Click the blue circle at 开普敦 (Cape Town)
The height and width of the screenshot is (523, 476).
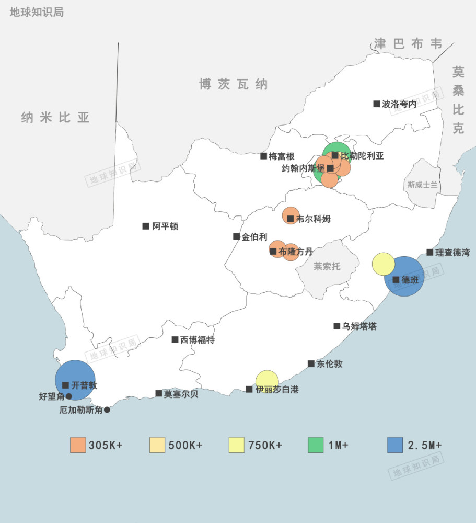point(75,380)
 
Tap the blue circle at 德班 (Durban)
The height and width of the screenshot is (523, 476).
point(404,277)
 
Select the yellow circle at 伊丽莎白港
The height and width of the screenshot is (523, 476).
point(267,381)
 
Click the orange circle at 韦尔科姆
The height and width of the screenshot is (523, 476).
point(291,215)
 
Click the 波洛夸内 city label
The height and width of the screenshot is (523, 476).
point(399,104)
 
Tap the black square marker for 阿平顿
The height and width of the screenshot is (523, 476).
point(146,226)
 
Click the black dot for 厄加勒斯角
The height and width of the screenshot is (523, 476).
point(107,410)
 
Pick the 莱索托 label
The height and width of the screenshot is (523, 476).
point(327,266)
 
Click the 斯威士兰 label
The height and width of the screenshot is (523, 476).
point(423,185)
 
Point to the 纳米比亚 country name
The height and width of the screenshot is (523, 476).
point(55,118)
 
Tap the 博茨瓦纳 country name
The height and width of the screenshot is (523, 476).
point(233,84)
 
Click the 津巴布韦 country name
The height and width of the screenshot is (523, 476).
point(408,44)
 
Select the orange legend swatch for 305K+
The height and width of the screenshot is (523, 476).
point(78,445)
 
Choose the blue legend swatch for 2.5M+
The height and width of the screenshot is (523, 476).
point(395,445)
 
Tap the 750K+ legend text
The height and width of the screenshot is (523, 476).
point(265,446)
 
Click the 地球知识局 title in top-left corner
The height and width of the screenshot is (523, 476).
point(37,12)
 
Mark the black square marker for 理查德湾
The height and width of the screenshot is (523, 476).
point(430,253)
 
